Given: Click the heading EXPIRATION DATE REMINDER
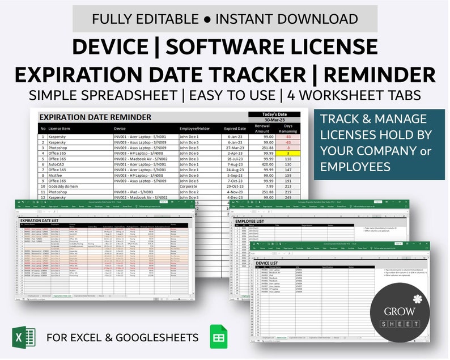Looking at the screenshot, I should (x=95, y=117).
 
